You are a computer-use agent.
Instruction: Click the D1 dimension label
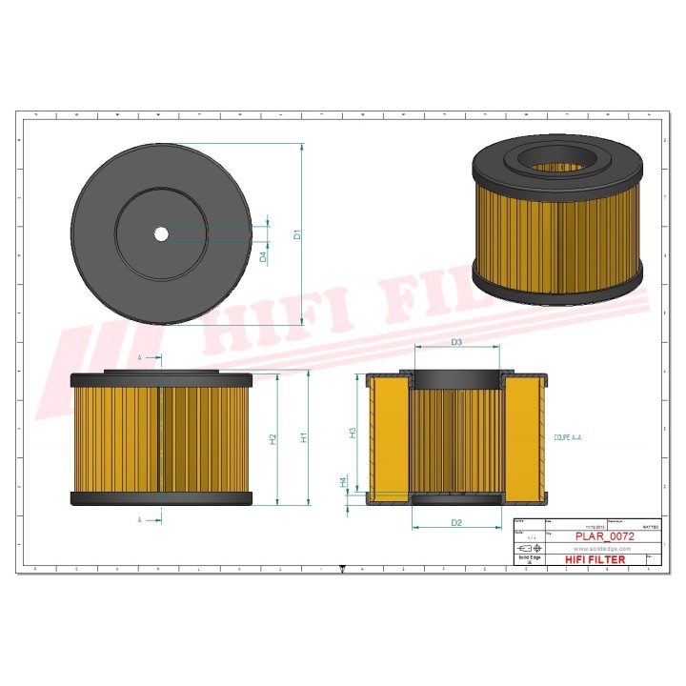[296, 234]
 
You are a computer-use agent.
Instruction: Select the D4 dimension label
[264, 256]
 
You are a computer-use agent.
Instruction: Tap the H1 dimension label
[304, 437]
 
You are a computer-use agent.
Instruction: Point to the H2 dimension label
[272, 439]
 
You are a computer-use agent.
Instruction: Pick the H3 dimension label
[353, 432]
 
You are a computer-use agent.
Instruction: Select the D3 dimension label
[456, 342]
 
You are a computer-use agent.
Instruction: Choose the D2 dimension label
[456, 523]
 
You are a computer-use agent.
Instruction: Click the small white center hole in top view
[161, 233]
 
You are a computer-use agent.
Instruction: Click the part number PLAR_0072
[604, 536]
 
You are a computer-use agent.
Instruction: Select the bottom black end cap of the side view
[161, 498]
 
